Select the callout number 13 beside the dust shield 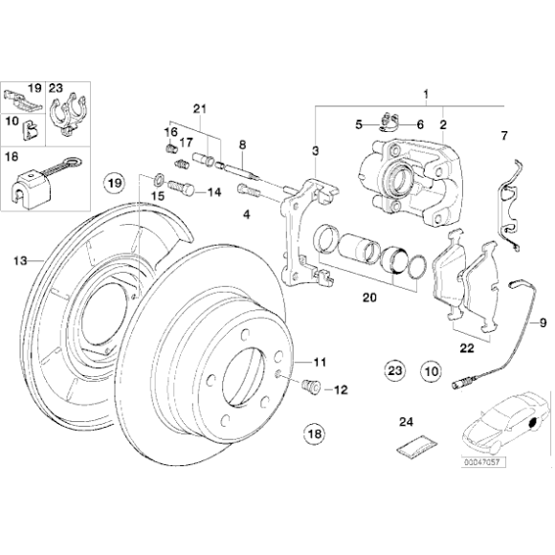tap(20, 259)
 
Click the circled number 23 tap(394, 369)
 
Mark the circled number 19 tap(115, 181)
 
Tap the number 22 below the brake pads tap(465, 348)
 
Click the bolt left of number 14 tap(181, 189)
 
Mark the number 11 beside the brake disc tap(320, 363)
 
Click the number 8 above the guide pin tap(243, 144)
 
